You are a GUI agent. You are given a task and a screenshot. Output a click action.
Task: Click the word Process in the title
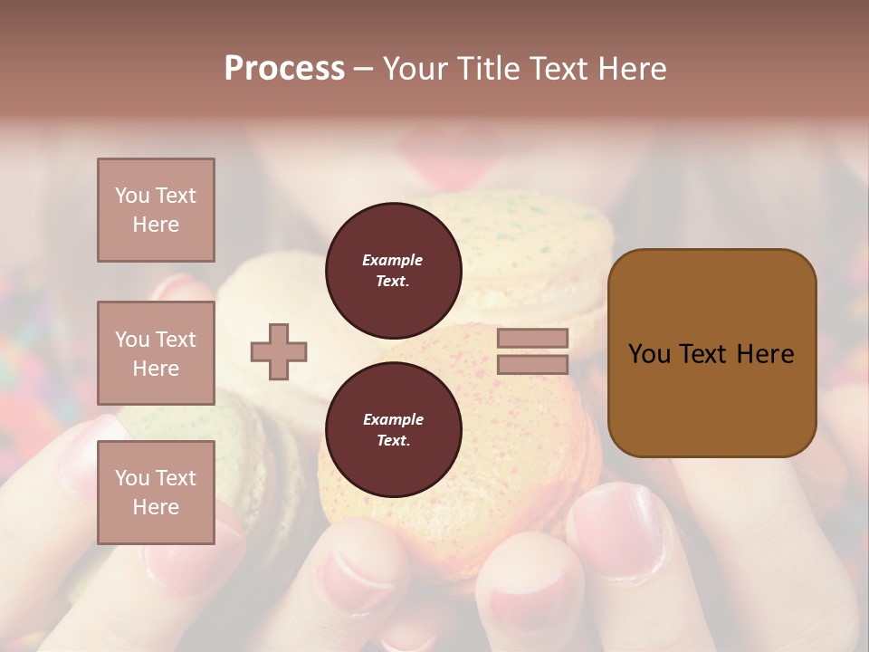(284, 69)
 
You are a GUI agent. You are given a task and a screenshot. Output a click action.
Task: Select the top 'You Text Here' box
(156, 210)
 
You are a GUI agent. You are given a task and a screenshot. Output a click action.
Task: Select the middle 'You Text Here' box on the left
(156, 353)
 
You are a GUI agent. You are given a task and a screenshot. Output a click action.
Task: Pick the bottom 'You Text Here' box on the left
(156, 492)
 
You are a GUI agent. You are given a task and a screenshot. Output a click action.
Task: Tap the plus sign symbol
(279, 351)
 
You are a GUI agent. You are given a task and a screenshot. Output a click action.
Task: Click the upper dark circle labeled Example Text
(393, 271)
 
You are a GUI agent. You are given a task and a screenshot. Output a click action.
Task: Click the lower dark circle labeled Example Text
(393, 430)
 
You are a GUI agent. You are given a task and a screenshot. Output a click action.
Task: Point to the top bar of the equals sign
(532, 338)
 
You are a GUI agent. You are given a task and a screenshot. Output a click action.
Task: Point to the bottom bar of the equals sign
(532, 364)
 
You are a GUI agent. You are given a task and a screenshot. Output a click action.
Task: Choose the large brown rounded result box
(711, 353)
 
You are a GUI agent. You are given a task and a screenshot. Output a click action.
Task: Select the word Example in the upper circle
(393, 260)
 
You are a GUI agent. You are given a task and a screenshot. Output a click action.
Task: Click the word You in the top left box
(131, 196)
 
